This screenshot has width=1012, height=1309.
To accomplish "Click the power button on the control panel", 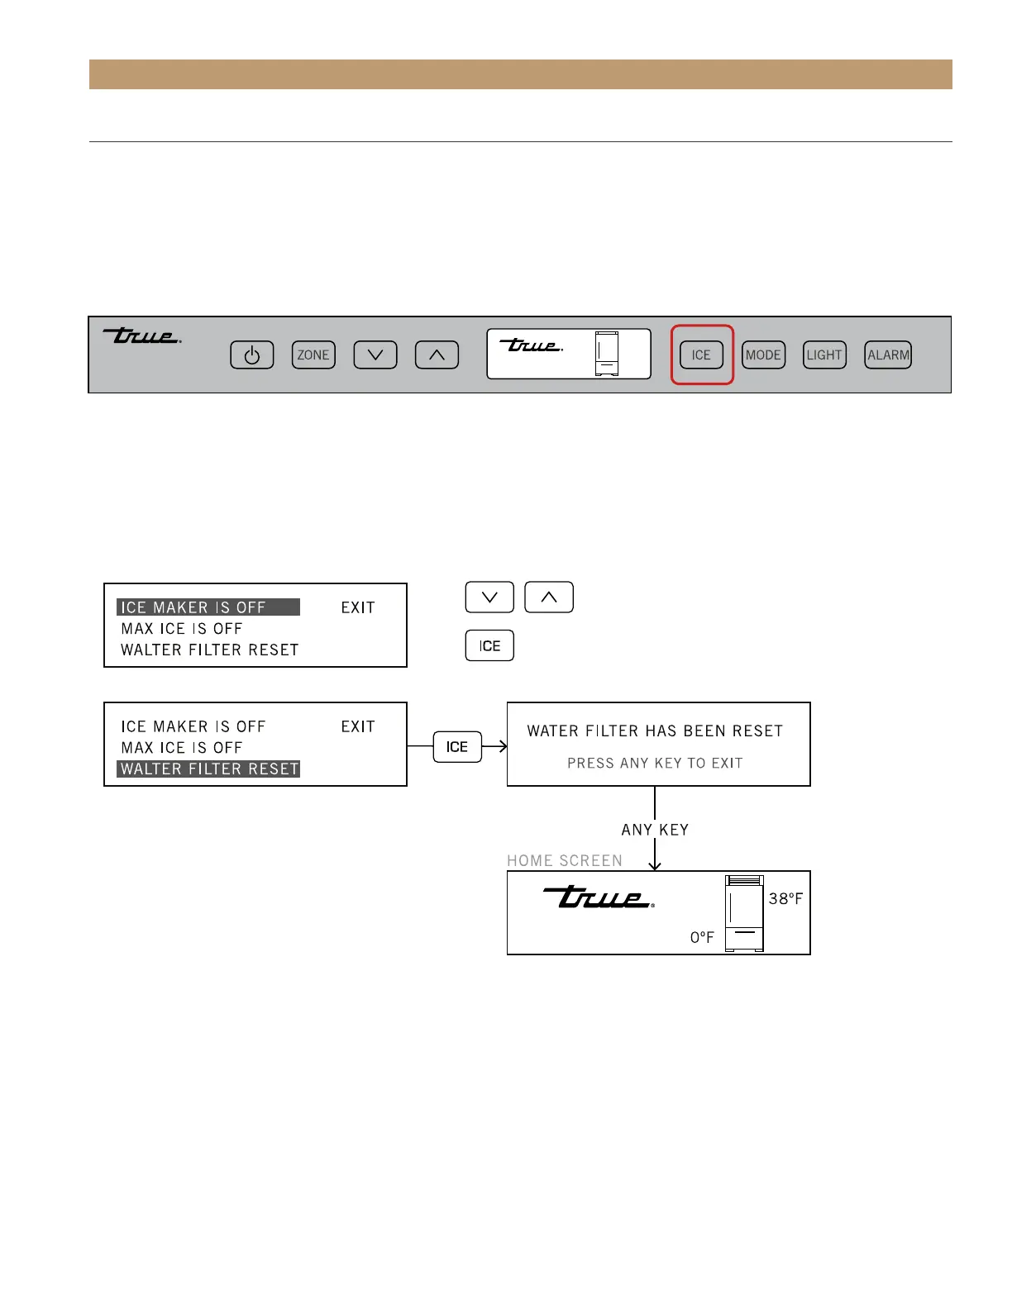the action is point(252,355).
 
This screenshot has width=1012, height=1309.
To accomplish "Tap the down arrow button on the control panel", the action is point(375,355).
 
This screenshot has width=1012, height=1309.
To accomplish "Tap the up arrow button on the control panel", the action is point(437,355).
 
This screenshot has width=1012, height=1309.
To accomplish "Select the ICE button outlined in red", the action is point(701,355).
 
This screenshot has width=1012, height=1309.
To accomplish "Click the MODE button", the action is point(763,355).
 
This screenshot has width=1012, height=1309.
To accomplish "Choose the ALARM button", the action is point(888,355).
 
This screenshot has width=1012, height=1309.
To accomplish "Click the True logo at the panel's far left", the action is point(141,336).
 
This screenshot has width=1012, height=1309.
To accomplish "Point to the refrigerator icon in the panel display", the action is point(607,354).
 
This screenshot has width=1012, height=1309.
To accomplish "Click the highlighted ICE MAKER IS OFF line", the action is point(208,607).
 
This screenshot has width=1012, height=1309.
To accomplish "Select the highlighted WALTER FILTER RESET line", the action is point(208,769).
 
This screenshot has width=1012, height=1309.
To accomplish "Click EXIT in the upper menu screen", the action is point(358,608).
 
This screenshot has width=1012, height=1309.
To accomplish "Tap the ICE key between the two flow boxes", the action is point(457,747).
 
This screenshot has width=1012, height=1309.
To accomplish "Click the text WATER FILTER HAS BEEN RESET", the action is point(655,731).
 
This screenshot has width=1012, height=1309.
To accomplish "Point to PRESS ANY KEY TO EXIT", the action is point(655,764).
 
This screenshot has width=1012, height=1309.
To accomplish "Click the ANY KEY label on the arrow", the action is point(655,830).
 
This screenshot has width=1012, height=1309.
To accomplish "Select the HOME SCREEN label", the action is point(565,861).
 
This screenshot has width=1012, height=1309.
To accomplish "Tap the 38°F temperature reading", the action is point(785,899).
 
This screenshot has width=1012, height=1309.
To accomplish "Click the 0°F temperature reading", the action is point(702,937).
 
